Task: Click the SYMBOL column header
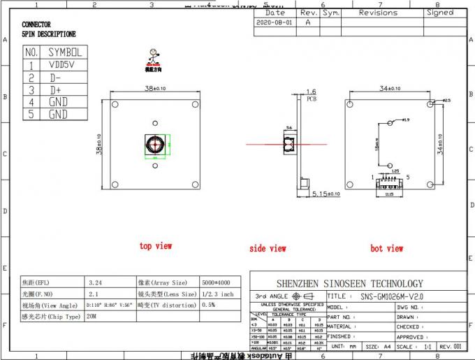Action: click(x=64, y=52)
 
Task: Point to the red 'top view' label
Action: click(x=155, y=246)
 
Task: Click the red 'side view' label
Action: click(x=268, y=248)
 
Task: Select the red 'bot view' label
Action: click(x=386, y=248)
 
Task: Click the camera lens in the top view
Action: click(x=153, y=144)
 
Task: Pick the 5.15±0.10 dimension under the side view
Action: click(x=326, y=193)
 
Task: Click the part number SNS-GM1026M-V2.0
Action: click(x=391, y=296)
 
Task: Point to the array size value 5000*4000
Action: click(x=217, y=282)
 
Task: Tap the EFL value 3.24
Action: click(x=96, y=282)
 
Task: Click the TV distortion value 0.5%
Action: click(x=208, y=305)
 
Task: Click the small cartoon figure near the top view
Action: click(x=152, y=58)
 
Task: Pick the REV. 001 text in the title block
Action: click(x=450, y=346)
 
